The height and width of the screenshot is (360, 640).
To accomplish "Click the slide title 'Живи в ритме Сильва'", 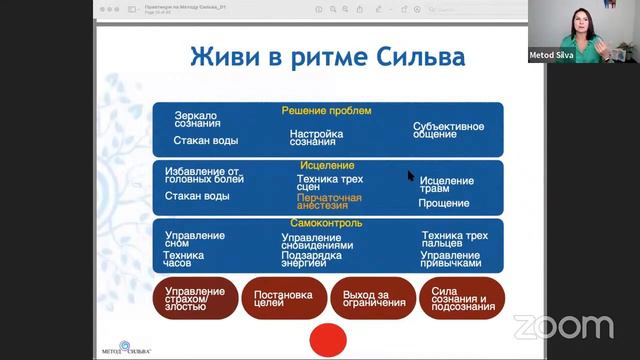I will (327, 56).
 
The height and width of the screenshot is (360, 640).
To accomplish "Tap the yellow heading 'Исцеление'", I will (327, 164).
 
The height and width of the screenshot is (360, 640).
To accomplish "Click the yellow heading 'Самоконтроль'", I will (327, 222).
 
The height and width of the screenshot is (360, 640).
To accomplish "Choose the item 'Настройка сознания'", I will (317, 139).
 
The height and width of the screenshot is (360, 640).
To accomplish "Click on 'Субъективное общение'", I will (449, 133).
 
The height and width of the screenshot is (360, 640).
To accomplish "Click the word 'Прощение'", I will (443, 203).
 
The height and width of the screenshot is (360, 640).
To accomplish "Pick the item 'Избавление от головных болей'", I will (204, 175).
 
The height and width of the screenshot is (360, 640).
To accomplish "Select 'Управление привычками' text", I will (451, 260).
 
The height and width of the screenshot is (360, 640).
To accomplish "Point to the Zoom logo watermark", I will (563, 326).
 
